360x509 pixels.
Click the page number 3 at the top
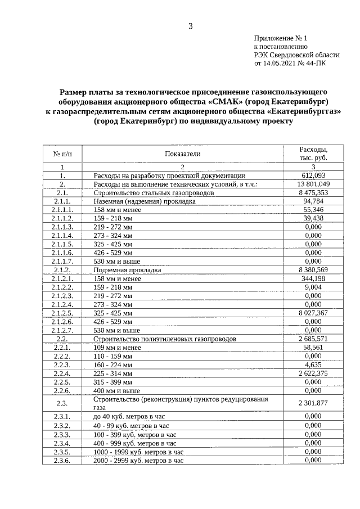191,26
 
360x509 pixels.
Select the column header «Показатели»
182,154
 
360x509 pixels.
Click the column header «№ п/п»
62,154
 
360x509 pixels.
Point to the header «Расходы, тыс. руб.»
313,154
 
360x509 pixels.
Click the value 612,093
313,175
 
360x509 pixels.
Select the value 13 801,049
313,184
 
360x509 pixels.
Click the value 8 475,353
313,192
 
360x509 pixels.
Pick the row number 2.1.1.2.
62,218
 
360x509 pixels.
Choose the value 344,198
313,278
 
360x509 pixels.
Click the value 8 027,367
313,313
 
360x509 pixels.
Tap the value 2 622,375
313,373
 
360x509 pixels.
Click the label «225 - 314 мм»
113,373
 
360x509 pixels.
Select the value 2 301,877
313,403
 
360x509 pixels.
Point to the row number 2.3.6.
62,460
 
